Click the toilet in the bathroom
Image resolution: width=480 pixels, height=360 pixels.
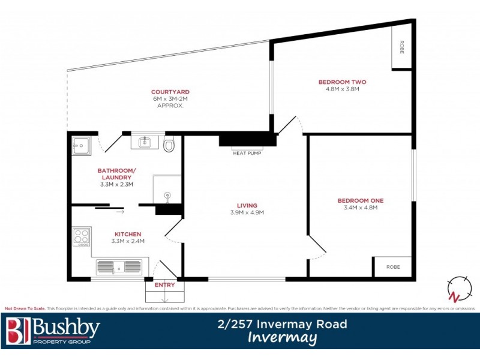click(169, 145)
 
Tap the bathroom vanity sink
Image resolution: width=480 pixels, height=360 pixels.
click(144, 142)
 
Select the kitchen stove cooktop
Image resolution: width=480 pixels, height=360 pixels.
click(82, 236)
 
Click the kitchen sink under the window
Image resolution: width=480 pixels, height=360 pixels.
click(118, 266)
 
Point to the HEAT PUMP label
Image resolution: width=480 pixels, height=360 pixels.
click(247, 153)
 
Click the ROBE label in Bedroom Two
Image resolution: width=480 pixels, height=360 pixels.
click(401, 47)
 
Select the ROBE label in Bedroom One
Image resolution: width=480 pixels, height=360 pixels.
click(393, 266)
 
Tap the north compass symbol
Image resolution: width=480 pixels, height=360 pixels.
click(459, 289)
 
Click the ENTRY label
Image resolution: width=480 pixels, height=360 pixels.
click(165, 285)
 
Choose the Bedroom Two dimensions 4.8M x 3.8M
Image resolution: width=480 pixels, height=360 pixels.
click(342, 89)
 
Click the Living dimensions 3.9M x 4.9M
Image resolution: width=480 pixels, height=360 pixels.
click(247, 212)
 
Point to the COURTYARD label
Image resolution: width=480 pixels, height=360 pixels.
click(170, 92)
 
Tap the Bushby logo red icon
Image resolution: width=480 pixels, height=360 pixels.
click(17, 331)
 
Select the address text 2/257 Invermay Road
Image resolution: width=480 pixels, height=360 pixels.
click(282, 324)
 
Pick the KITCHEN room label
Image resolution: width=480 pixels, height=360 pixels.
click(128, 234)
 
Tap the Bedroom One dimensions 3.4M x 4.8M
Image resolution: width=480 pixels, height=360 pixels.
click(360, 208)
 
